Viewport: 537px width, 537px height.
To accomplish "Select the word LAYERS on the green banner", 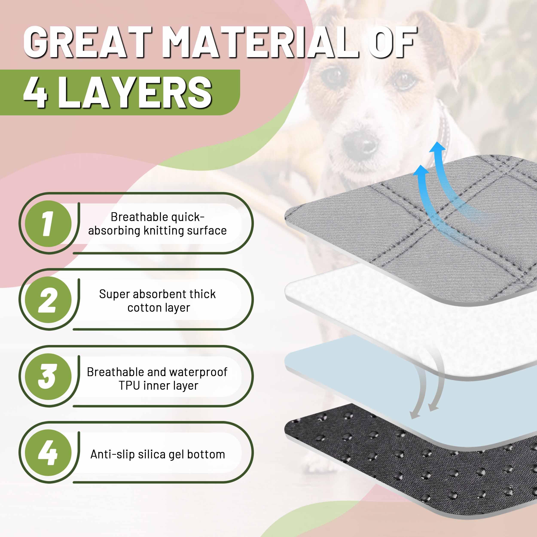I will (x=135, y=92).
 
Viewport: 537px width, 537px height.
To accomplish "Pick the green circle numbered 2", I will (x=48, y=300).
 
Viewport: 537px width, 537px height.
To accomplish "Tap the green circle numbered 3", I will (x=48, y=376).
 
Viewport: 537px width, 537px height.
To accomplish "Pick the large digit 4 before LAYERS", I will (x=35, y=92).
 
